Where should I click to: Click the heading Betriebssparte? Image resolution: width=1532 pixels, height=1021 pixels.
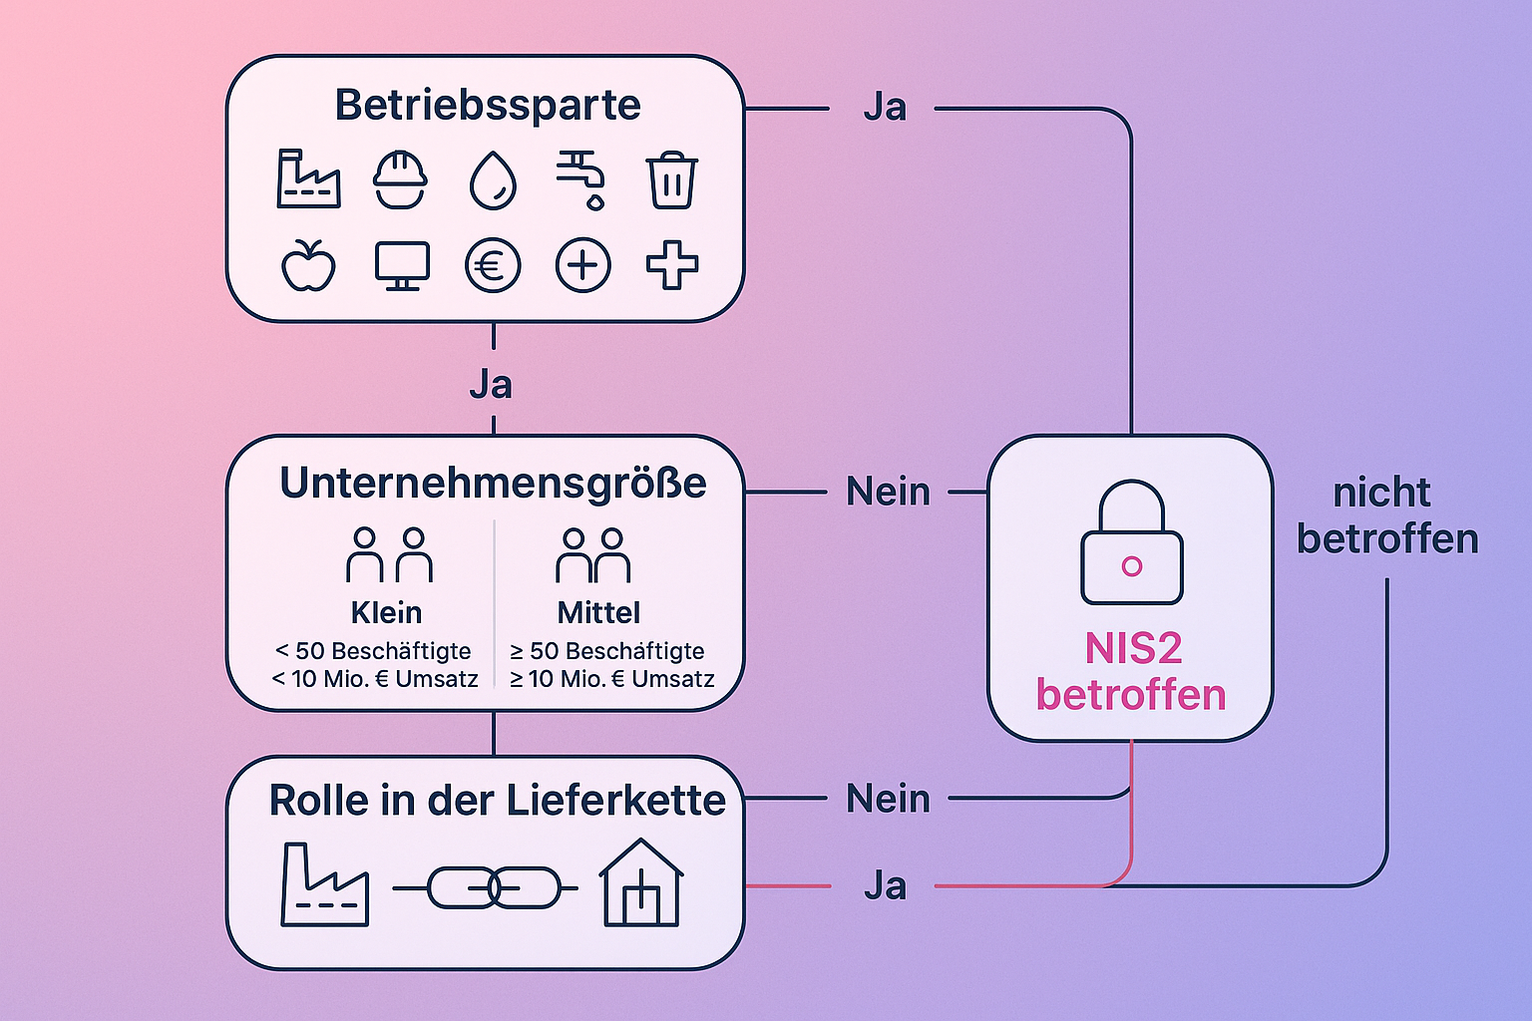pos(487,105)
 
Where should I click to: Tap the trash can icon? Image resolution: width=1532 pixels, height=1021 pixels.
pos(671,180)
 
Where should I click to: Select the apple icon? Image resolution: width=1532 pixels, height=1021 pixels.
pos(308,265)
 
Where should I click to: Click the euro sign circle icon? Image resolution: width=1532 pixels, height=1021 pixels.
pos(493,266)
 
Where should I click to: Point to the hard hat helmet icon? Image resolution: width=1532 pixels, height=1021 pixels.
pos(400,180)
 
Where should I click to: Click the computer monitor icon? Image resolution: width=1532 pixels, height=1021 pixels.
pos(402,266)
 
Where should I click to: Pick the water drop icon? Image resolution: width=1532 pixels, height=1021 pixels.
pos(493,180)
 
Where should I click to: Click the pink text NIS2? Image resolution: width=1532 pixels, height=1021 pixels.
pos(1133,649)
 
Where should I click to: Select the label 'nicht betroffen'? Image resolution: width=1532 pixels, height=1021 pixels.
pos(1386,515)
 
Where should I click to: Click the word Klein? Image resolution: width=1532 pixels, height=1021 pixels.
pos(386,612)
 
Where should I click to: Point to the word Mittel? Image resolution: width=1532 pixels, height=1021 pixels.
pos(598,612)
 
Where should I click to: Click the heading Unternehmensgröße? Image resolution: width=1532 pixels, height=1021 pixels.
pos(493,483)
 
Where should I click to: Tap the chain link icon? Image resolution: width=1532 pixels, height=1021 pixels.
pos(494,886)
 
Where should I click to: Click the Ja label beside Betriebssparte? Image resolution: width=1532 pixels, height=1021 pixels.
pos(885,108)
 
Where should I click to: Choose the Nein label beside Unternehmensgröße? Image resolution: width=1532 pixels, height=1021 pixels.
pos(888,492)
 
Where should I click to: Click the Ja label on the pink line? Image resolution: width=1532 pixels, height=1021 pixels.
pos(885,885)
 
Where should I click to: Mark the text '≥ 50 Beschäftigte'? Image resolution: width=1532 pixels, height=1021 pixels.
pos(606,651)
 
